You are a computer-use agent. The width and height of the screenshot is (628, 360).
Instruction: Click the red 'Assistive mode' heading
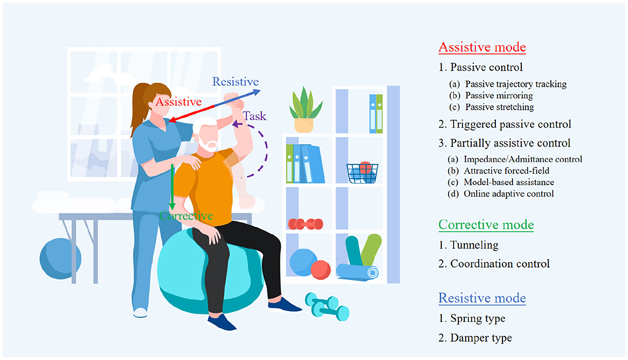click(x=482, y=47)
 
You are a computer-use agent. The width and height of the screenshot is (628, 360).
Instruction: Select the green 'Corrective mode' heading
click(x=486, y=225)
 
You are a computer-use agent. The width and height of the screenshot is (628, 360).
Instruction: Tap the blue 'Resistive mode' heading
click(x=482, y=298)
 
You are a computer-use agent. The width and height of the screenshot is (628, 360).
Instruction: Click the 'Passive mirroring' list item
click(x=499, y=95)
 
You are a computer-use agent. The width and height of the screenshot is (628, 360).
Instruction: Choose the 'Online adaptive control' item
click(x=509, y=194)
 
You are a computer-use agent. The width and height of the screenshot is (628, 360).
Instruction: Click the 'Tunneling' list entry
click(x=474, y=245)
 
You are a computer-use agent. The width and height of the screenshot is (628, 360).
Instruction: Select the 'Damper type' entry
click(x=481, y=338)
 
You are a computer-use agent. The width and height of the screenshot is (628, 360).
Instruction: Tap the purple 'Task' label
click(x=255, y=116)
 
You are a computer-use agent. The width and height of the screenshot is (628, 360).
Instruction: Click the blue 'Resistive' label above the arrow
click(x=236, y=82)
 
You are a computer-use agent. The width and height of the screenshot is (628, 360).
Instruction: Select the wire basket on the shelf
click(x=362, y=173)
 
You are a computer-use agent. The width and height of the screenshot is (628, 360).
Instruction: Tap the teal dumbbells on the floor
click(x=327, y=306)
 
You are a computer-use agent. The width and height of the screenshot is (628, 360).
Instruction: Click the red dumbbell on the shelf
click(x=305, y=224)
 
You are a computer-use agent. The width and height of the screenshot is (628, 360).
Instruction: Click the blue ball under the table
click(x=60, y=258)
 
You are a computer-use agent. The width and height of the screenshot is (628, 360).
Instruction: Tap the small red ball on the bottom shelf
click(x=320, y=269)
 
